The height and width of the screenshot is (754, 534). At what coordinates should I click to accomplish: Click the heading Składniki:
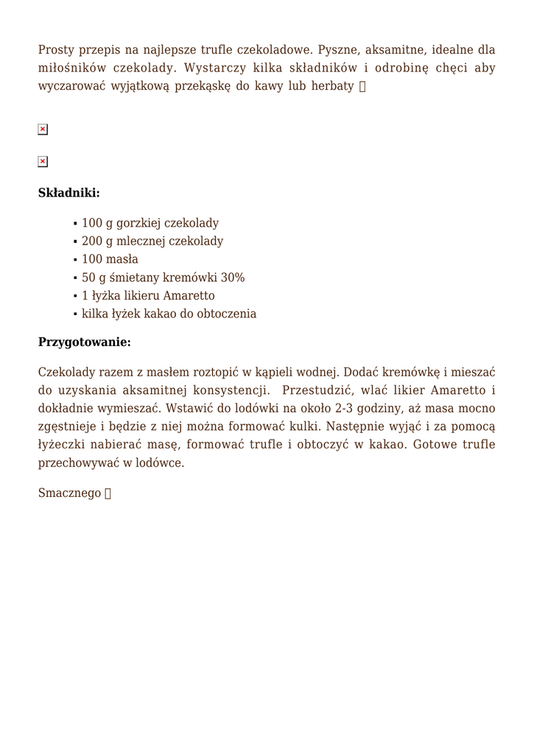pos(68,193)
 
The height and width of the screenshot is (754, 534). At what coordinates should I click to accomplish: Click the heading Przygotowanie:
pos(84,342)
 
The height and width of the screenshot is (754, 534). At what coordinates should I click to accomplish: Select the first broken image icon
pos(43,130)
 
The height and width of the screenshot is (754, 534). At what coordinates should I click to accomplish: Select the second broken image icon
pos(43,161)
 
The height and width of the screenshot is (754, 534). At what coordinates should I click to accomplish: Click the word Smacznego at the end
pos(69,493)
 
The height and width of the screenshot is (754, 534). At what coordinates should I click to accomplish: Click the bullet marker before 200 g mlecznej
pos(76,242)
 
